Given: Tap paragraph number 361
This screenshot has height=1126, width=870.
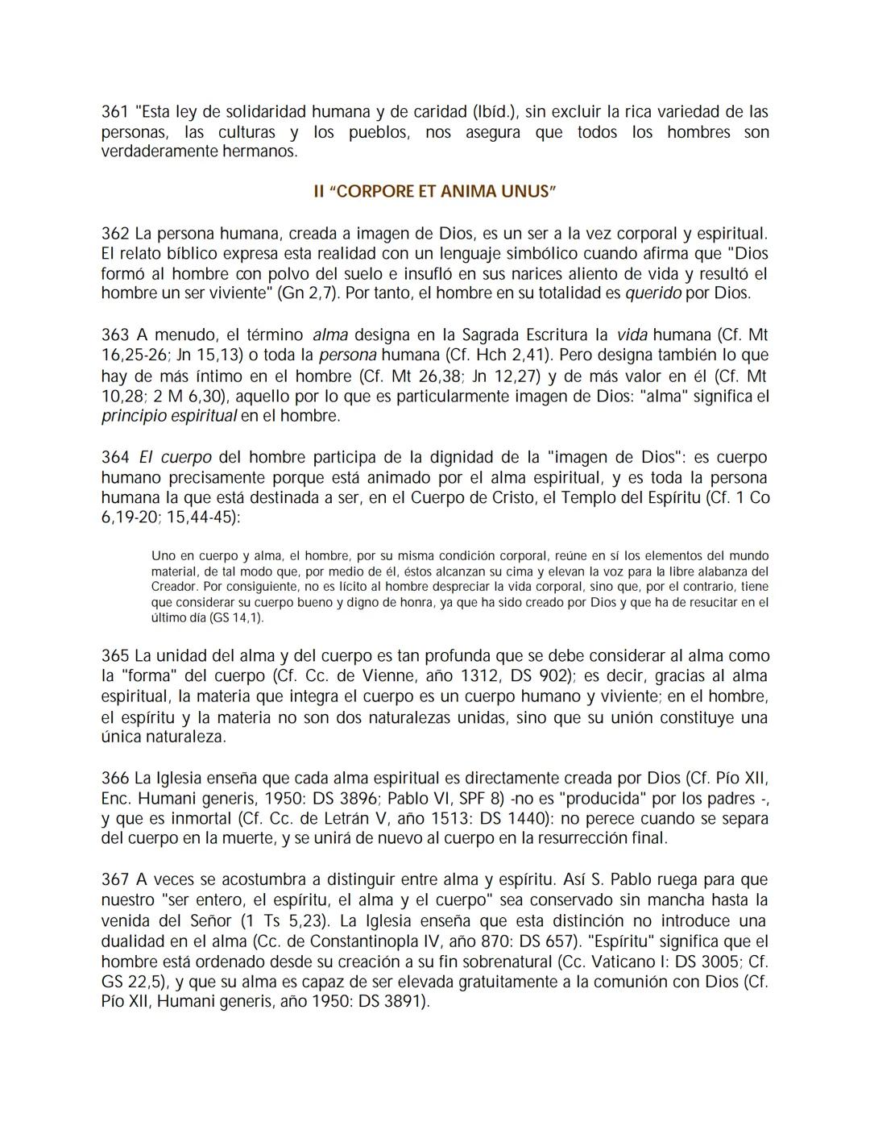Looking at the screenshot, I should click(x=114, y=111).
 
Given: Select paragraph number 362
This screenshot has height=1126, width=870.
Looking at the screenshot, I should click(x=114, y=234).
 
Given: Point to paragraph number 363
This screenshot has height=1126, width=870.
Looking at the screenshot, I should click(x=114, y=334).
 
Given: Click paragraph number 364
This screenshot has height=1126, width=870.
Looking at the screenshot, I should click(x=114, y=458).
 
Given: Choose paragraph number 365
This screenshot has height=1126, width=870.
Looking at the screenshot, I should click(x=114, y=656).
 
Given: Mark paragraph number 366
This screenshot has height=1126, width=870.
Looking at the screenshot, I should click(x=114, y=779).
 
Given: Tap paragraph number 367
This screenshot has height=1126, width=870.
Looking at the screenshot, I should click(x=114, y=879).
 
